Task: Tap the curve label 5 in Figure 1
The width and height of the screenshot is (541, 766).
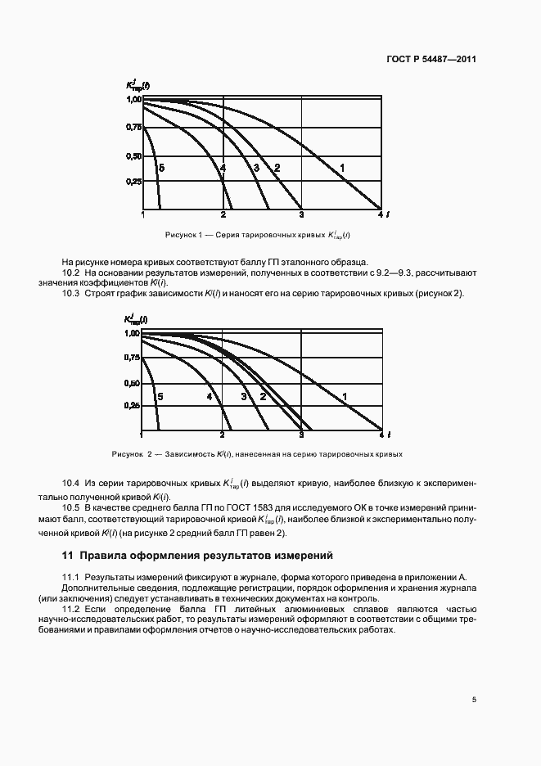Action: point(162,168)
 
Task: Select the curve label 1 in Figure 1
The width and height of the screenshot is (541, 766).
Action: point(343,168)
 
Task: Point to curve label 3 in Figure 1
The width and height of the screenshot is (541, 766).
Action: point(256,168)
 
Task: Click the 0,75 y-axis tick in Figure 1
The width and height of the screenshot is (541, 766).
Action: point(133,127)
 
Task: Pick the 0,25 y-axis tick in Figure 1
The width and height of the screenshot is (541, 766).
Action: point(133,182)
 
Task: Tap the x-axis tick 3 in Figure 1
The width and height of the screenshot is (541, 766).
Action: point(301,215)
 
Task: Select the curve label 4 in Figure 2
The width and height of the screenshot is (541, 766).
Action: point(210,397)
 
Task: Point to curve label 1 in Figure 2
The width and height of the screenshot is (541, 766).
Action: point(345,397)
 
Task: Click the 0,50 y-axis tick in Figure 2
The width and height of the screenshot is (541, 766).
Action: point(133,383)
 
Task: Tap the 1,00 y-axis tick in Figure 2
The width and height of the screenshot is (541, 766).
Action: point(133,334)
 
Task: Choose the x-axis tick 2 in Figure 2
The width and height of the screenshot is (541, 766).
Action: point(223,433)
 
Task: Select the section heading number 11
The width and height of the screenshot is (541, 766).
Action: point(69,556)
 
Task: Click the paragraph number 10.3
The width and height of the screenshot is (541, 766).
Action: point(71,294)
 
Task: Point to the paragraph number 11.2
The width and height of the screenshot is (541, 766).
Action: point(71,610)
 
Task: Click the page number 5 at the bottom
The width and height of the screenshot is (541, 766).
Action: point(474,700)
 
